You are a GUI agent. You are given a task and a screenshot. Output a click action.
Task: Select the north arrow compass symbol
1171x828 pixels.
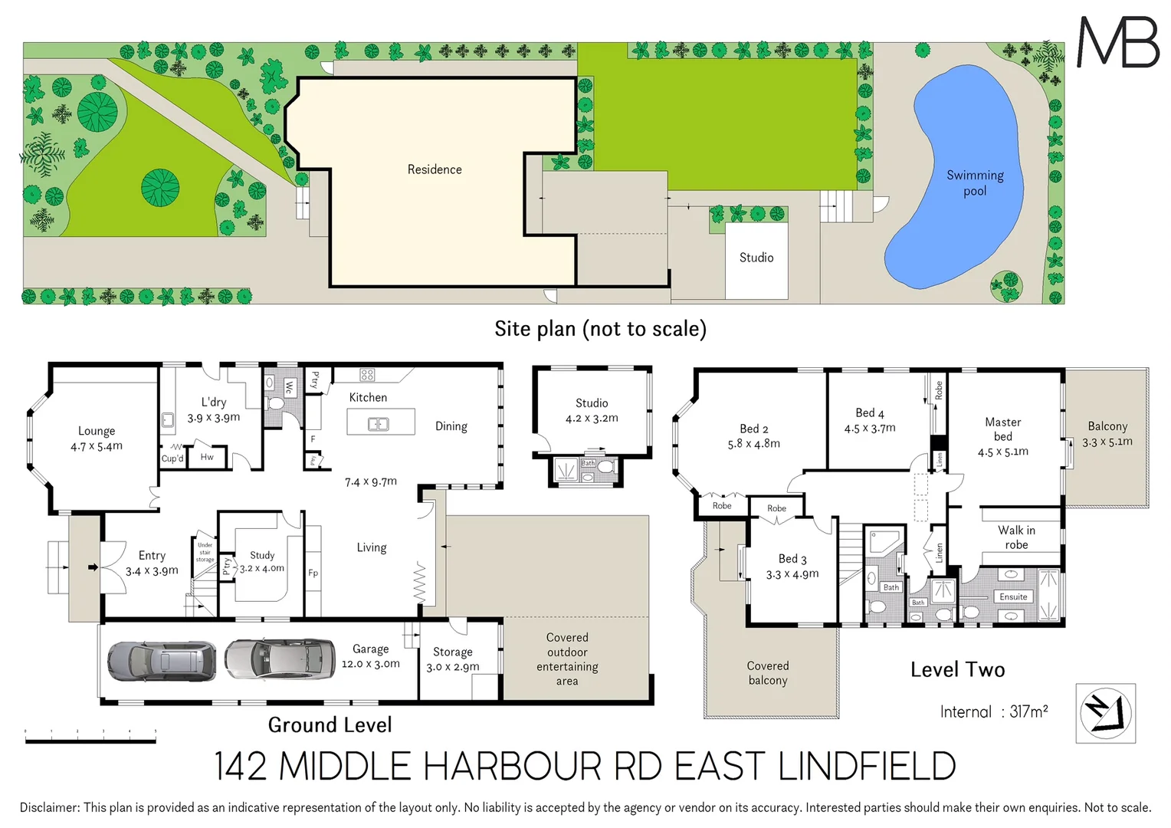coord(1105,713)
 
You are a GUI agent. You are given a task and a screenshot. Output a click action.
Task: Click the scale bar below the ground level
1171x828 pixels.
coord(90,740)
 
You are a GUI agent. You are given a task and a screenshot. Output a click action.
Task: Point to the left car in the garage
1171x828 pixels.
coord(162,661)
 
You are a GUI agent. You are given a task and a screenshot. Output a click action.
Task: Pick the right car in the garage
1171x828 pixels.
coord(280,659)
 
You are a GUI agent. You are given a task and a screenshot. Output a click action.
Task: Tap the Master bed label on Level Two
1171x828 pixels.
coord(1002,429)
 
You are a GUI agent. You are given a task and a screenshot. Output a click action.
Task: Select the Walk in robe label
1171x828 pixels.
coord(1016,537)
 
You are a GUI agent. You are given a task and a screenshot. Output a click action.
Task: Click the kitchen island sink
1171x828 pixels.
coord(379,424)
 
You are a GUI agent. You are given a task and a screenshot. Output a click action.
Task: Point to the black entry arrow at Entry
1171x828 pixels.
coord(93,567)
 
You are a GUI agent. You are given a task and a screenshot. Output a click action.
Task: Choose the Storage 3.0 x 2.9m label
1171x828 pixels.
coord(453,659)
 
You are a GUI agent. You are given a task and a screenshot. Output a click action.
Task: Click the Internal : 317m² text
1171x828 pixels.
coord(994,711)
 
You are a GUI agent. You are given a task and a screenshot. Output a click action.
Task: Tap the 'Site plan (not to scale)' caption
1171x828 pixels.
coord(600,329)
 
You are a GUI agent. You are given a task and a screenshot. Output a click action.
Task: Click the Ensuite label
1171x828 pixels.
coord(1013,596)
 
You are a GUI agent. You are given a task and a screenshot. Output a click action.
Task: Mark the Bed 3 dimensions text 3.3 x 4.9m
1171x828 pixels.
coord(792,574)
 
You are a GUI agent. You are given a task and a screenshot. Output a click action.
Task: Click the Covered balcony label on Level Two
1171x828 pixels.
coord(768,673)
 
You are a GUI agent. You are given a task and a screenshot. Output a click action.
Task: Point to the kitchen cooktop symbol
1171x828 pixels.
coord(367,375)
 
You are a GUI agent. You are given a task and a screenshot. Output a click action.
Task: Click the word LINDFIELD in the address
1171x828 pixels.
coord(868,767)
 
